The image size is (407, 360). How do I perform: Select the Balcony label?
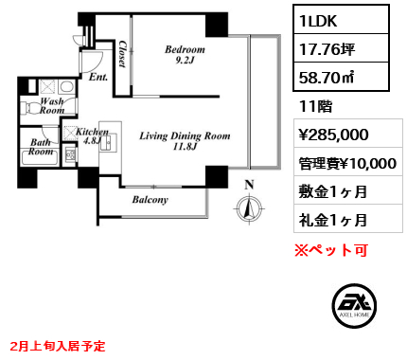(x=150, y=200)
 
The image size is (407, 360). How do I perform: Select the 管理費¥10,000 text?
(x=347, y=163)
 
